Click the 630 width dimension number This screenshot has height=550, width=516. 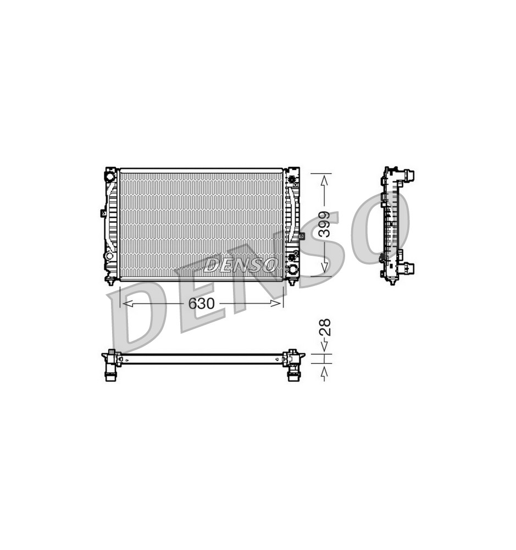[x=201, y=304]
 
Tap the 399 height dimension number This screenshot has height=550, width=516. [x=325, y=224]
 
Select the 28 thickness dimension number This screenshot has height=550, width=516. [x=325, y=327]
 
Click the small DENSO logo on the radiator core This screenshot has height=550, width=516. [x=241, y=265]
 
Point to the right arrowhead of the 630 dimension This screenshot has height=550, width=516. [x=276, y=304]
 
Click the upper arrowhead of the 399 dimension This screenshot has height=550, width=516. [x=325, y=180]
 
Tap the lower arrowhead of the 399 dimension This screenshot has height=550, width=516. [x=325, y=268]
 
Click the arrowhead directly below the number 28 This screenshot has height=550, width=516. [x=325, y=346]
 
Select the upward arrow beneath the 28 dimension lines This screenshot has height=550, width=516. [x=325, y=373]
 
